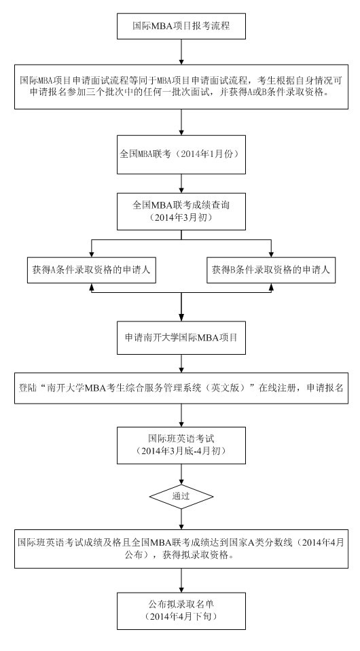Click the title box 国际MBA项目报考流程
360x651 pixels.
pos(181,26)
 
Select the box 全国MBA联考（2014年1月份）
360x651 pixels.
pos(181,154)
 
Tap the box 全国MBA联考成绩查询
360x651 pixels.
pos(181,211)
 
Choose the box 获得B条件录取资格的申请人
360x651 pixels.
pos(271,270)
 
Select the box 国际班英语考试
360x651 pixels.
pos(181,444)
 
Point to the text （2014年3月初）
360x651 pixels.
pos(181,217)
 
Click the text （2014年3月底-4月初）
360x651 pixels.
pos(181,451)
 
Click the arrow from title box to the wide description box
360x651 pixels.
pos(181,52)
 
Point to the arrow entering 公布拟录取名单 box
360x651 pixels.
pos(181,580)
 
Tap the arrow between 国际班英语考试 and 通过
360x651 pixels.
pos(181,474)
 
